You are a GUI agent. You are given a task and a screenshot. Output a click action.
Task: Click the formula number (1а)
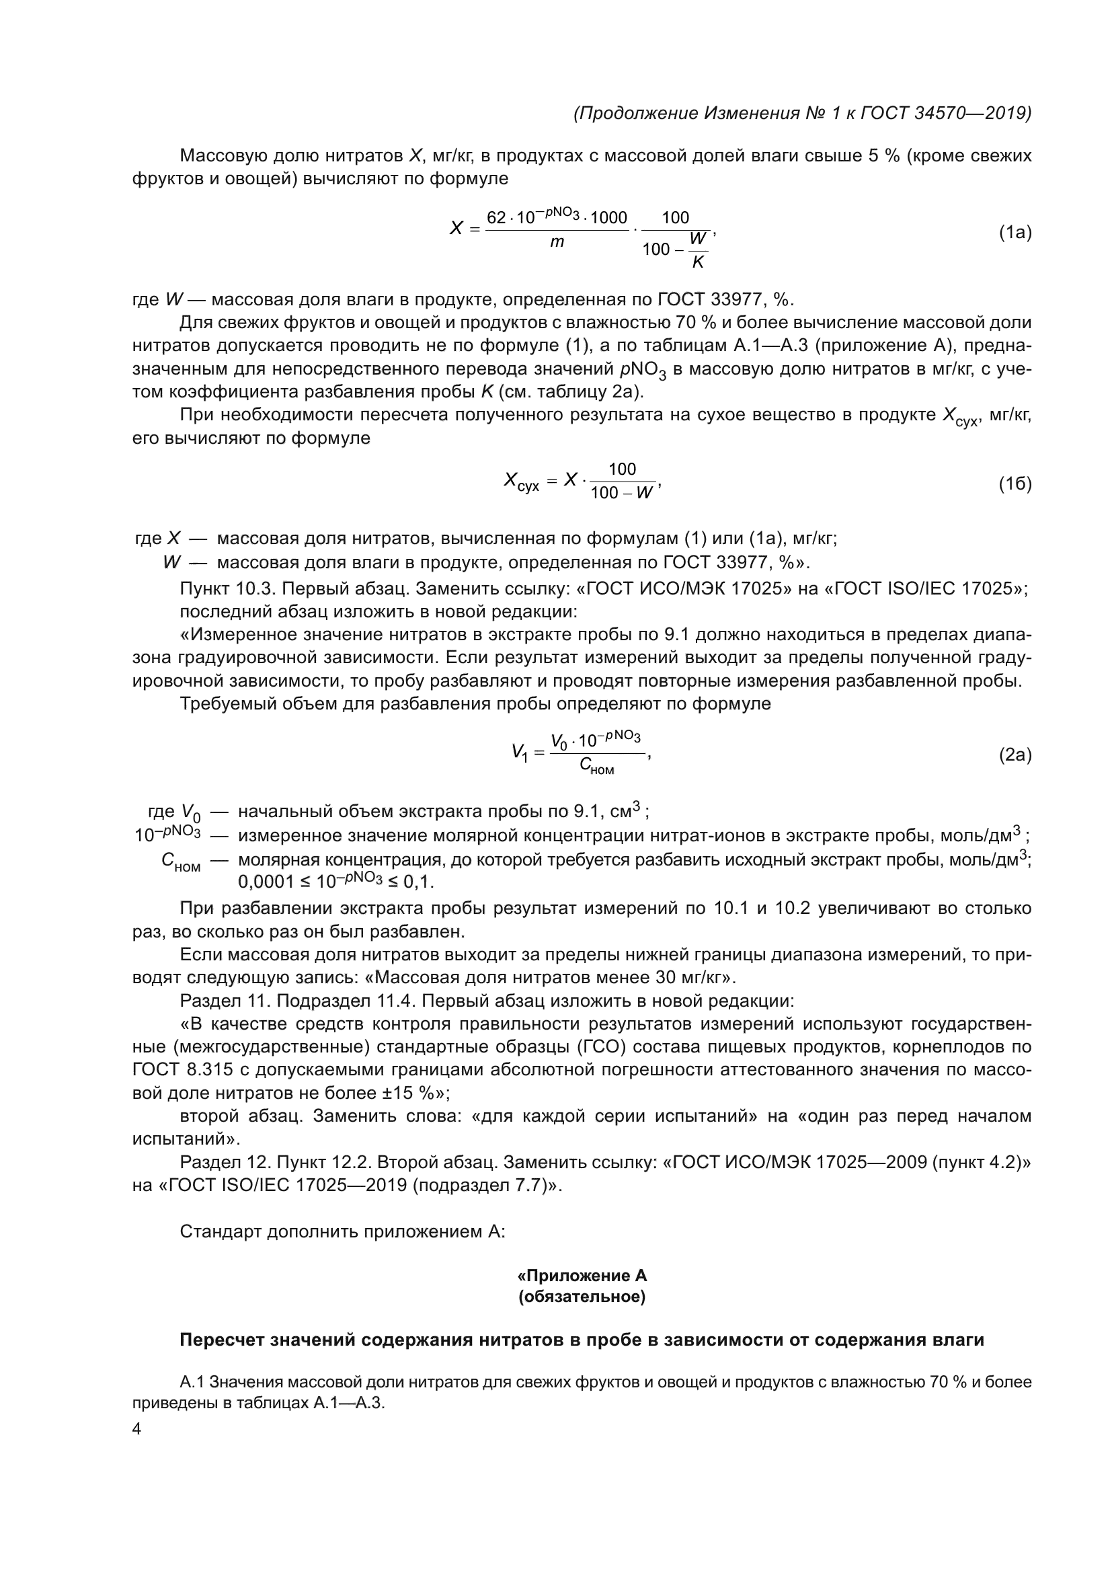tap(1015, 233)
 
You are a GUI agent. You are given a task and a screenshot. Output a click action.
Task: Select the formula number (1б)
tap(1015, 484)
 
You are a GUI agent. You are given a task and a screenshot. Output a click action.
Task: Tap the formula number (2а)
tap(1015, 755)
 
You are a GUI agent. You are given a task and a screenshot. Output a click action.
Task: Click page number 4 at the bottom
tap(136, 1429)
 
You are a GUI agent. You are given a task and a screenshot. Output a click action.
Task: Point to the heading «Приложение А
tap(582, 1275)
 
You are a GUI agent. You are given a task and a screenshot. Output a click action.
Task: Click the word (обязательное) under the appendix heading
tap(582, 1297)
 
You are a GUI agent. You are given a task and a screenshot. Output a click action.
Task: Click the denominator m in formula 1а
tap(557, 242)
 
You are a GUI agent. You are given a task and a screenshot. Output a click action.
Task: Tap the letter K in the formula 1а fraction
tap(698, 262)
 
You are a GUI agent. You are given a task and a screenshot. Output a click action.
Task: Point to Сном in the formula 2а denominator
tap(596, 767)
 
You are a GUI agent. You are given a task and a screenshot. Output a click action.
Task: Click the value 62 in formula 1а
tap(495, 218)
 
